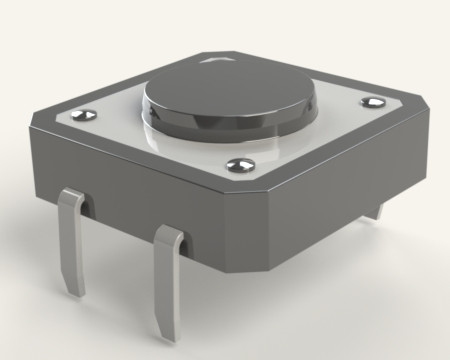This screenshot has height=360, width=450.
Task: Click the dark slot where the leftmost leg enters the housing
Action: point(84,206)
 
